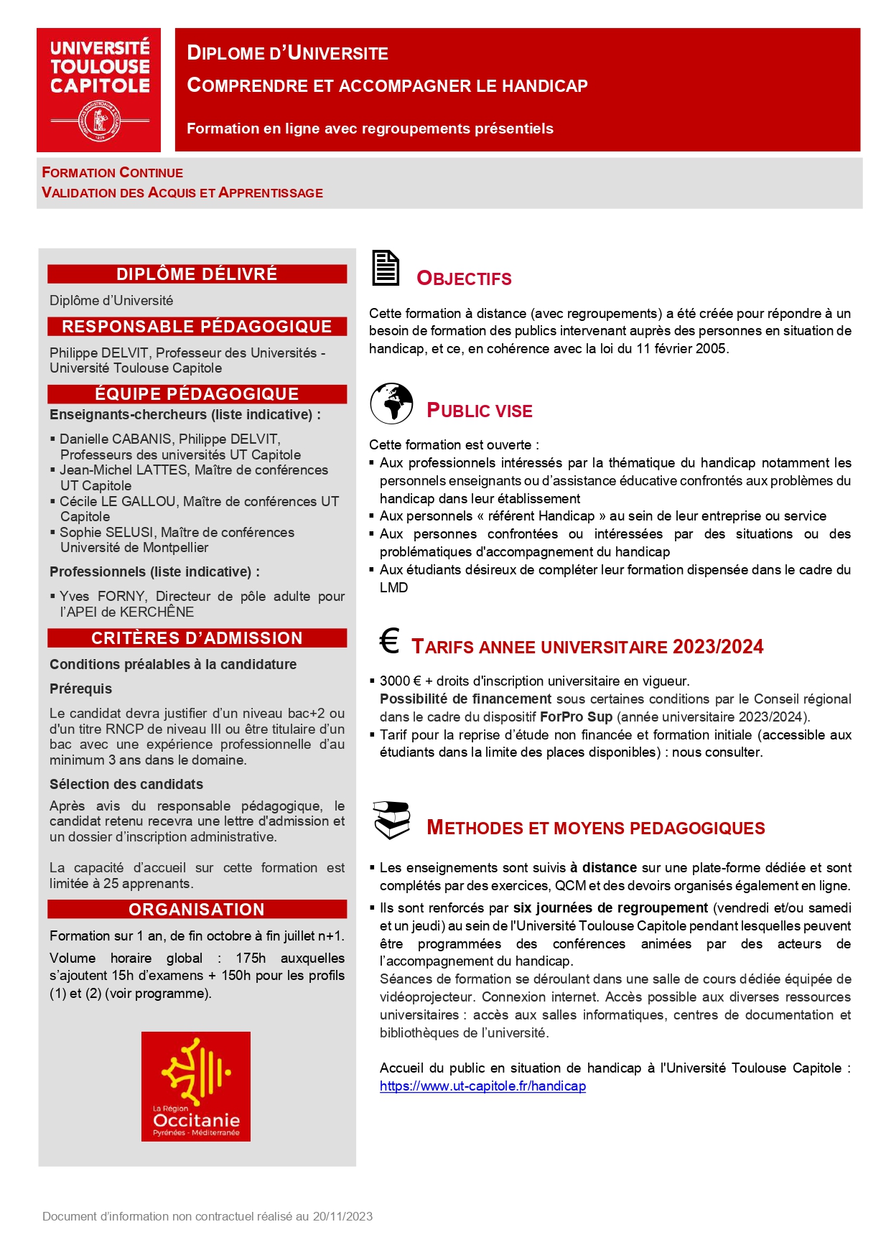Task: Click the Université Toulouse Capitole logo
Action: tap(99, 90)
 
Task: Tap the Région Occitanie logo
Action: tap(195, 1086)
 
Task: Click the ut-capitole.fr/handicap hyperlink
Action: tap(482, 1086)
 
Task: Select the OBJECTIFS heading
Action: tap(464, 279)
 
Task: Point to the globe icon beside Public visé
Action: tap(391, 403)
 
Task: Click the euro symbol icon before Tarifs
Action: tap(389, 641)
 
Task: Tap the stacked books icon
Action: tap(391, 820)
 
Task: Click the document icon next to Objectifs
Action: tap(386, 269)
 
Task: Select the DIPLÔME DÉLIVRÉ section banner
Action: tap(197, 274)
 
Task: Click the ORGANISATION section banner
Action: tap(197, 910)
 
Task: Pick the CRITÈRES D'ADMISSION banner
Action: tap(197, 638)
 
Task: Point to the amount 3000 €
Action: tap(400, 681)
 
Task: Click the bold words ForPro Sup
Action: tap(576, 717)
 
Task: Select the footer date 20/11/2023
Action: tap(342, 1216)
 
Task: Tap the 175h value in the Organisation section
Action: tap(251, 958)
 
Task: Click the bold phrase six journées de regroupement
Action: tap(610, 908)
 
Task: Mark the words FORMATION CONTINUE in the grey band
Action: tap(113, 173)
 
